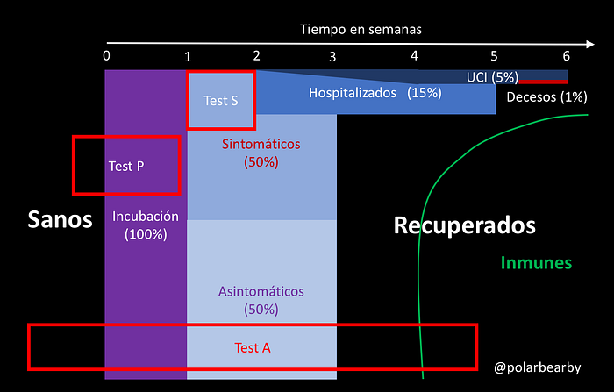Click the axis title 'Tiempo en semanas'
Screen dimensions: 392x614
coord(361,29)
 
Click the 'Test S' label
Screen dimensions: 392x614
coord(221,100)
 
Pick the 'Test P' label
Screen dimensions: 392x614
coord(126,166)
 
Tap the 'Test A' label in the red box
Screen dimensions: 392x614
coord(253,347)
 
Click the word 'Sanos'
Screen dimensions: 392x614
coord(60,219)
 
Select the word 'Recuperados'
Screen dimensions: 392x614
coord(464,225)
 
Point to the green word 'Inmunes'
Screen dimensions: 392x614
coord(536,262)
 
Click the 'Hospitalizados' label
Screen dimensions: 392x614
coord(353,92)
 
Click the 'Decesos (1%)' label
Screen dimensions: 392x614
coord(546,96)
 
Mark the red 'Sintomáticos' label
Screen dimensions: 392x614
coord(261,144)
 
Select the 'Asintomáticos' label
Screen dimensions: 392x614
coord(261,291)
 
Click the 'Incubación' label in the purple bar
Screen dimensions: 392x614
coord(146,216)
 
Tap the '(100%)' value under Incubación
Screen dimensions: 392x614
coord(146,234)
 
